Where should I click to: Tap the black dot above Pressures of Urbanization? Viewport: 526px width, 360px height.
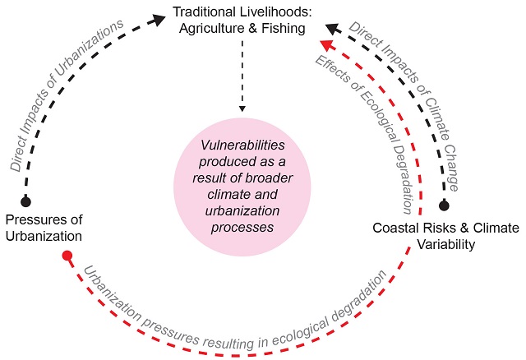click(x=25, y=201)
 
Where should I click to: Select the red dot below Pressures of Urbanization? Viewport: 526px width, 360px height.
click(x=67, y=256)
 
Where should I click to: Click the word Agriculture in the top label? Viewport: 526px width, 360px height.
click(x=213, y=30)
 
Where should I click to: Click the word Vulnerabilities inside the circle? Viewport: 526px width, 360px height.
click(x=242, y=144)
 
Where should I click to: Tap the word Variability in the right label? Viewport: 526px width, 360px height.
click(x=445, y=243)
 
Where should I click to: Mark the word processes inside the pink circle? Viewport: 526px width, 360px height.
click(x=242, y=228)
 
